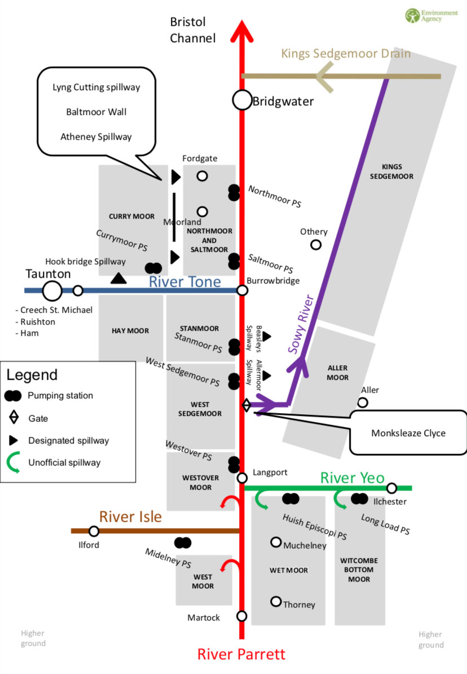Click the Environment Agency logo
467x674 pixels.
[423, 15]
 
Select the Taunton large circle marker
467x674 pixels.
[52, 291]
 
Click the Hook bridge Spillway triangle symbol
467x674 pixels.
[118, 278]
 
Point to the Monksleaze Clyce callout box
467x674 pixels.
[408, 433]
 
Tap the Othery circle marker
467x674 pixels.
[316, 245]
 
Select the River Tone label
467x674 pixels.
[184, 282]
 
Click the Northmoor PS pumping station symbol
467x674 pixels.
[233, 192]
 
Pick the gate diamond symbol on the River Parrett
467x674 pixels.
[246, 405]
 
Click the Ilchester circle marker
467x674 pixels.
[391, 488]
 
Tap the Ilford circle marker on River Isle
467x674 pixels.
[94, 531]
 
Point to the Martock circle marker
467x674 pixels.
[242, 616]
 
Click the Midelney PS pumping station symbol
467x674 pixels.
[183, 543]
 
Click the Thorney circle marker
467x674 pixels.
[276, 601]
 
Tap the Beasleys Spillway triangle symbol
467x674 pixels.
[266, 336]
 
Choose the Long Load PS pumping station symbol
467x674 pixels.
[359, 498]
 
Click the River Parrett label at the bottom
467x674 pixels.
[241, 654]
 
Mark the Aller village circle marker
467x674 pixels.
[363, 402]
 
